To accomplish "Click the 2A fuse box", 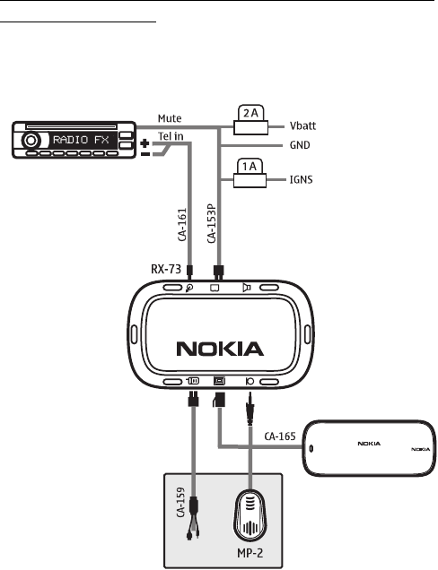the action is [x=250, y=120].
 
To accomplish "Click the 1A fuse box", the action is [x=250, y=173].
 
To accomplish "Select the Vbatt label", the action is [x=302, y=126].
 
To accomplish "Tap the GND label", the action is [x=300, y=145].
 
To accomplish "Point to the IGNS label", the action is [x=301, y=179].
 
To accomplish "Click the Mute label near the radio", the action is [x=170, y=118].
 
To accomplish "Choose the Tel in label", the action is [x=171, y=136].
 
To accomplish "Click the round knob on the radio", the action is [x=31, y=141].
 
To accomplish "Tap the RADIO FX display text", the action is [x=81, y=140].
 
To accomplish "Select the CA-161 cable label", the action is [x=182, y=224].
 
